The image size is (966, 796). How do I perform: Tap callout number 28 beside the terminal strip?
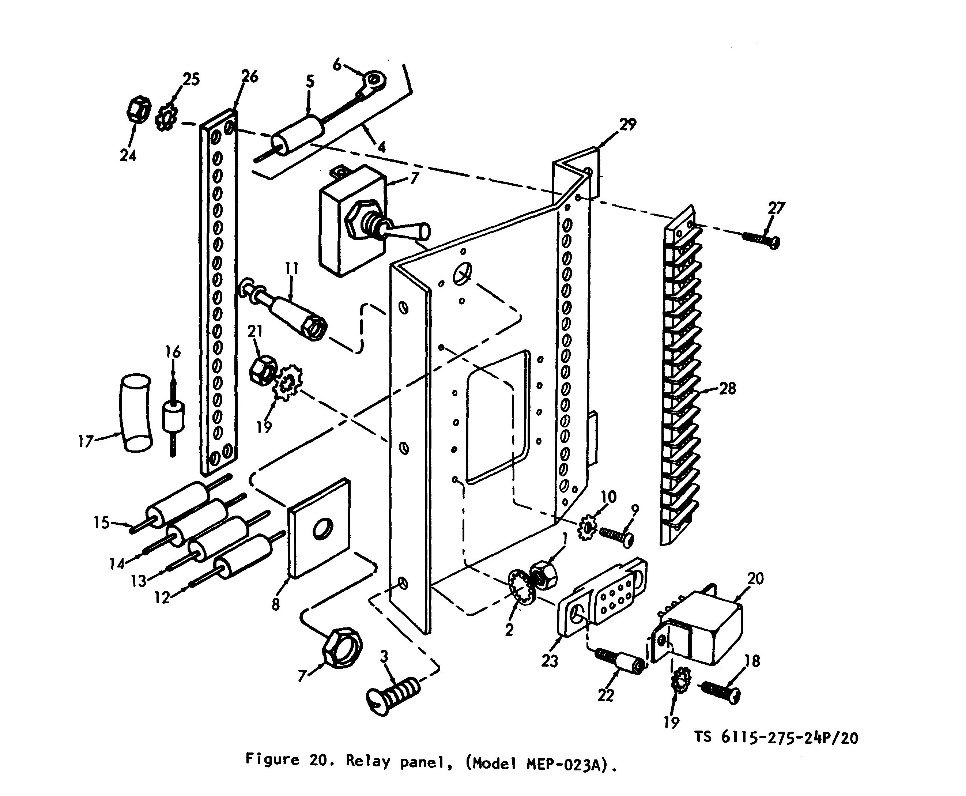(x=727, y=388)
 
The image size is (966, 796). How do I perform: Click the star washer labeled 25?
(x=166, y=117)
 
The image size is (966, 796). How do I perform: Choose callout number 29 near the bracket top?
(x=628, y=124)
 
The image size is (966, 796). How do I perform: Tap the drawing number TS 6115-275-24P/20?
(x=776, y=737)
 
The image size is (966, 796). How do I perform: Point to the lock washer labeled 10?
(x=586, y=527)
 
